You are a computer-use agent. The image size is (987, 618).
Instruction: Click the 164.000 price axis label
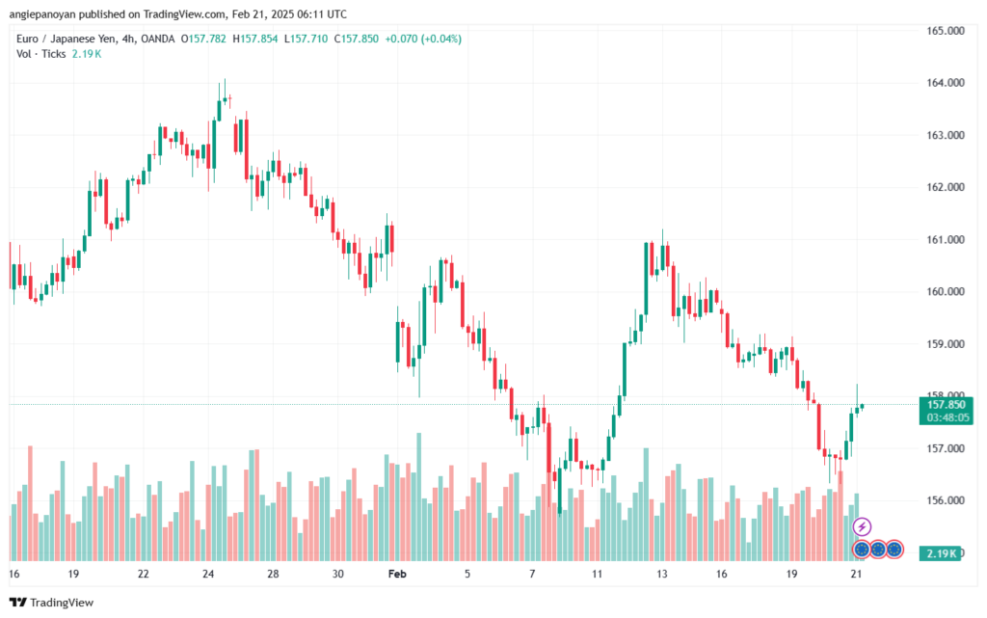(x=945, y=83)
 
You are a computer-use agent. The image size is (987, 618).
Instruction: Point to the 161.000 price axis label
(x=945, y=239)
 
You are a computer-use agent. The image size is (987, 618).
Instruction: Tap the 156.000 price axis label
(x=945, y=500)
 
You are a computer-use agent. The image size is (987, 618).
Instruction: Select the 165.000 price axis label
(x=945, y=31)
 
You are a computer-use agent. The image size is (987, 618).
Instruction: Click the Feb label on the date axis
(x=397, y=574)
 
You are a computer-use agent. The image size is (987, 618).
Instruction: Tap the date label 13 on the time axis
(x=662, y=574)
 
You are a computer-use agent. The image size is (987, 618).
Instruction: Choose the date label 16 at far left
(x=13, y=574)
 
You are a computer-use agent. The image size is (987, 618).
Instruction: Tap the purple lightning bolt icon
(x=863, y=526)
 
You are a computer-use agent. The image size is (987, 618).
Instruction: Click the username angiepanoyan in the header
(x=43, y=14)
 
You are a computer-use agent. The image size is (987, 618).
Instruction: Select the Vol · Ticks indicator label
(x=41, y=54)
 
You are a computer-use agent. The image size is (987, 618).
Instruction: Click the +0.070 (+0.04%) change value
(x=424, y=39)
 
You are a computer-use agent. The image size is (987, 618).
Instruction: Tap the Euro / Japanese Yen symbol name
(x=61, y=39)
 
